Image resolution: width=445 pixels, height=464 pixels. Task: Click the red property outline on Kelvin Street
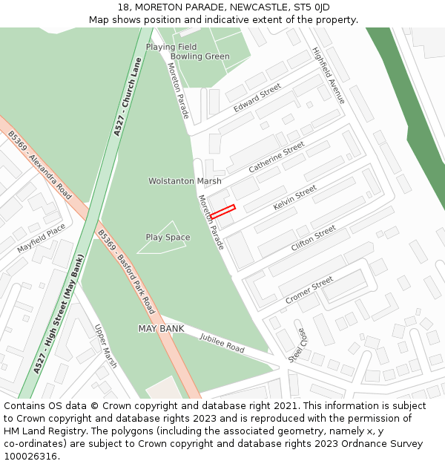(222, 211)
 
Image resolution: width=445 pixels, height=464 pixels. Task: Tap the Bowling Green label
(200, 56)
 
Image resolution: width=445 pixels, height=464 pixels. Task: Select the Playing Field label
(171, 47)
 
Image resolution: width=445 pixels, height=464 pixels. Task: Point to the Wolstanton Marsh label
(185, 181)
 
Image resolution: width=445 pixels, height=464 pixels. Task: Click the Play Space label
(168, 238)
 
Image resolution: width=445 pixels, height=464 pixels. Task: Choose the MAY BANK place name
(161, 328)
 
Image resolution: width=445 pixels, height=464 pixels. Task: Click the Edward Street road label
(257, 98)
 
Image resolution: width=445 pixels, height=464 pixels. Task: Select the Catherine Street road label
(277, 157)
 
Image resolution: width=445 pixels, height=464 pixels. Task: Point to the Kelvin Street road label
(294, 197)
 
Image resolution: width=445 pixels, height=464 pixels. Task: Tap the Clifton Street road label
(313, 238)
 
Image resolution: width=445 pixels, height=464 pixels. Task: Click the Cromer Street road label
(309, 290)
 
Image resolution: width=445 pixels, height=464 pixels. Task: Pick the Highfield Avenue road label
(329, 76)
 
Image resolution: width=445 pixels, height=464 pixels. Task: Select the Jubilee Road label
(222, 342)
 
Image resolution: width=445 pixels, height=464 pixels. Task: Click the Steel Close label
(296, 345)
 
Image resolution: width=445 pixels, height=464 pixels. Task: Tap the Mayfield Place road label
(41, 238)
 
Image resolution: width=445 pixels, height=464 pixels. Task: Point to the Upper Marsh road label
(105, 346)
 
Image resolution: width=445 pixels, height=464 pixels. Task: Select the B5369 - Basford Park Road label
(126, 271)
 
